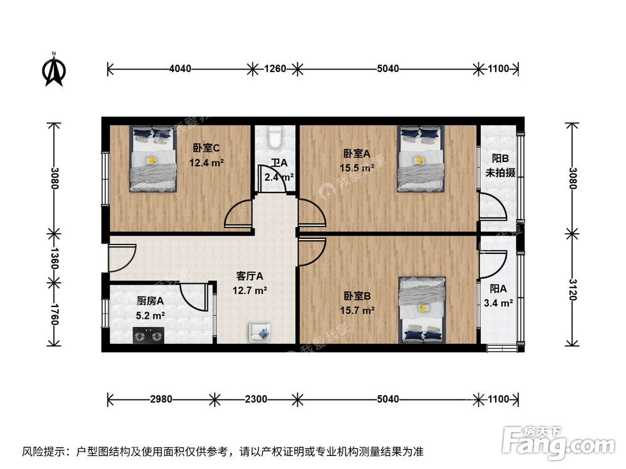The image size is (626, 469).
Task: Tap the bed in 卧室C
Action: coord(153,159)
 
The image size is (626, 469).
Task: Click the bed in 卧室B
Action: coord(423,310)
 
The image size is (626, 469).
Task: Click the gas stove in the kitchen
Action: coord(148,335)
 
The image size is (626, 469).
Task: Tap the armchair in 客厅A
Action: coord(260,332)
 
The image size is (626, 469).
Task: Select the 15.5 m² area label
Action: coord(358,168)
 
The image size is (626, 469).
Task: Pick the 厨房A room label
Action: coord(150,301)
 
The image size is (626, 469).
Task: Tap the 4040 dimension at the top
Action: coord(181,69)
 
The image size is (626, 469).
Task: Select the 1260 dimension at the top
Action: coord(274,69)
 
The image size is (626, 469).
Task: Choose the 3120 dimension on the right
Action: coord(572,290)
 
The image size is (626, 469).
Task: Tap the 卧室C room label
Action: coord(206,148)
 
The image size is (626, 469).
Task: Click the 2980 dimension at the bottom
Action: coord(162,398)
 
